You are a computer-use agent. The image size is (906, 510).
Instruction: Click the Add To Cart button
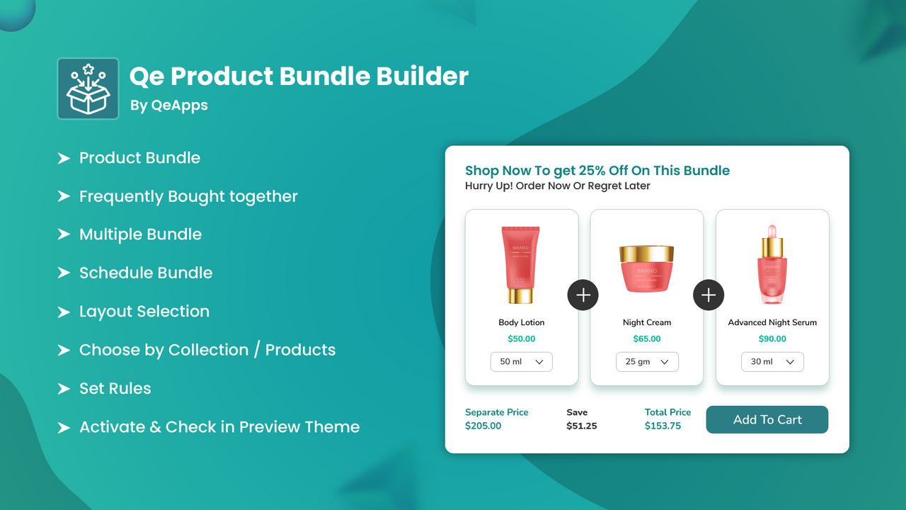767,419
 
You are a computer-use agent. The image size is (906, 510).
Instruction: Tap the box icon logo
88,89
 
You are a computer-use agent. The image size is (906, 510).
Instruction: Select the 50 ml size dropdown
522,361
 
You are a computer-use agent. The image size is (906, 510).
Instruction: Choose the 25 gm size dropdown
647,361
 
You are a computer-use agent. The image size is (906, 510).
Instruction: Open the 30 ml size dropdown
772,361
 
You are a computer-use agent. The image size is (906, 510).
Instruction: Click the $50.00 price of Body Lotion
522,339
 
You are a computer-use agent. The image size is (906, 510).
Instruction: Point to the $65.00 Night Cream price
647,339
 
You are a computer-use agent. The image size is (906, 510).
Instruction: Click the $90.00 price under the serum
772,339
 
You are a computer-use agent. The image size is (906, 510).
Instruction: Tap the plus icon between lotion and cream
583,295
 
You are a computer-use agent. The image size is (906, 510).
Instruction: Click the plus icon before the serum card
709,295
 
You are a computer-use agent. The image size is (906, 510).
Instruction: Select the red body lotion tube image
520,264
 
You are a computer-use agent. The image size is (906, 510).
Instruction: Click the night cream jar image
646,269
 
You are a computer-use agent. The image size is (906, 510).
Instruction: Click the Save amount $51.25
582,426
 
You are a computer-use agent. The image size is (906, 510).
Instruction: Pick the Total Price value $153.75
663,426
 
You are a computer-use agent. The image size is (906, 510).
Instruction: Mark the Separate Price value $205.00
483,426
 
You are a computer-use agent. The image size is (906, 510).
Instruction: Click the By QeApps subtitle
169,106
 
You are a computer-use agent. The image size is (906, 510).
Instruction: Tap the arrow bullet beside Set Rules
64,389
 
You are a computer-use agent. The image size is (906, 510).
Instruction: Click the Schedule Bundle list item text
146,273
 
